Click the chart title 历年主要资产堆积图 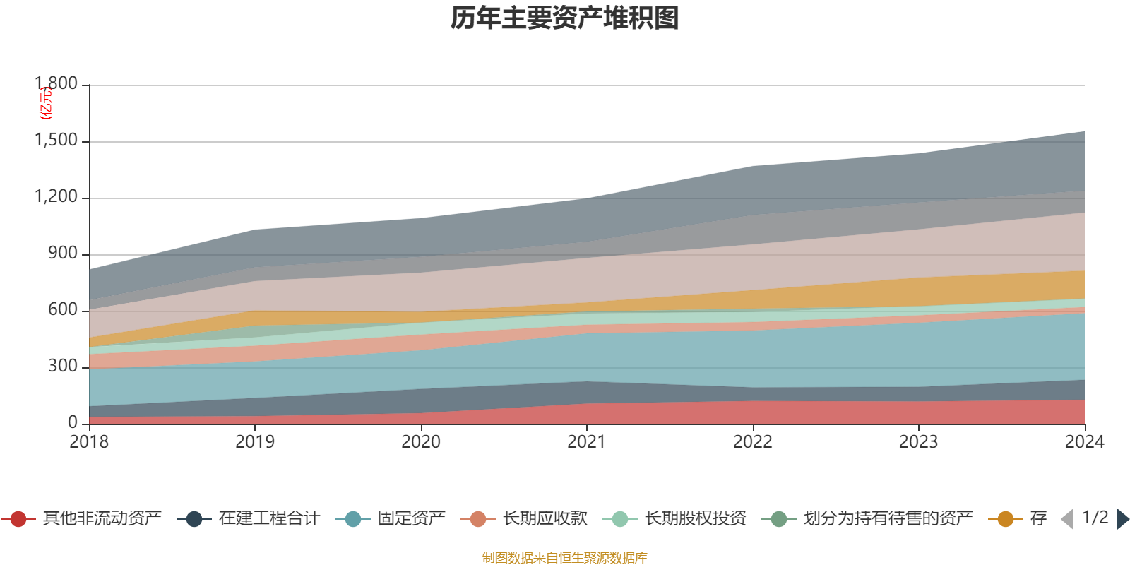(x=565, y=19)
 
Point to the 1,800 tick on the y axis (x=56, y=84)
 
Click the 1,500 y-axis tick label (x=56, y=141)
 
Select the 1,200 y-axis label (x=56, y=197)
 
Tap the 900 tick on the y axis (x=63, y=254)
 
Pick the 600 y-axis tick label (x=63, y=310)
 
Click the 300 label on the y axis (x=63, y=367)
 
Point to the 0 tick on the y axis (x=73, y=423)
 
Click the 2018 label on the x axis (x=89, y=442)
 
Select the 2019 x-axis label (x=255, y=442)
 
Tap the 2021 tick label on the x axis (x=587, y=442)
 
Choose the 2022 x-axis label (x=753, y=442)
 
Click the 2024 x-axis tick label (x=1084, y=442)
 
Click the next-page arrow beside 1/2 (x=1123, y=519)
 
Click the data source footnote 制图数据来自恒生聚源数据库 (x=565, y=558)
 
